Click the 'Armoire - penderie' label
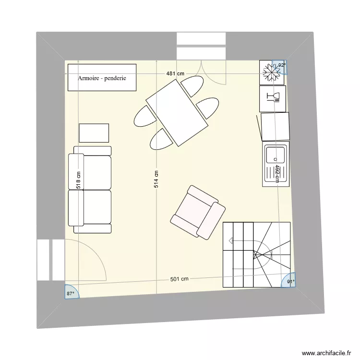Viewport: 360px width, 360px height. pyautogui.click(x=102, y=78)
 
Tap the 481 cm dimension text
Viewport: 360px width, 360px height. pyautogui.click(x=175, y=74)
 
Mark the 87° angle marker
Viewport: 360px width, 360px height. pyautogui.click(x=71, y=292)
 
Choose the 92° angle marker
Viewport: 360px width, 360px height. pyautogui.click(x=281, y=66)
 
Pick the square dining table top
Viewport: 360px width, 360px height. pyautogui.click(x=177, y=113)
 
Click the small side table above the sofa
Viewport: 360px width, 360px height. pyautogui.click(x=94, y=132)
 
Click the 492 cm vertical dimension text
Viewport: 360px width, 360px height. pyautogui.click(x=277, y=174)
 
